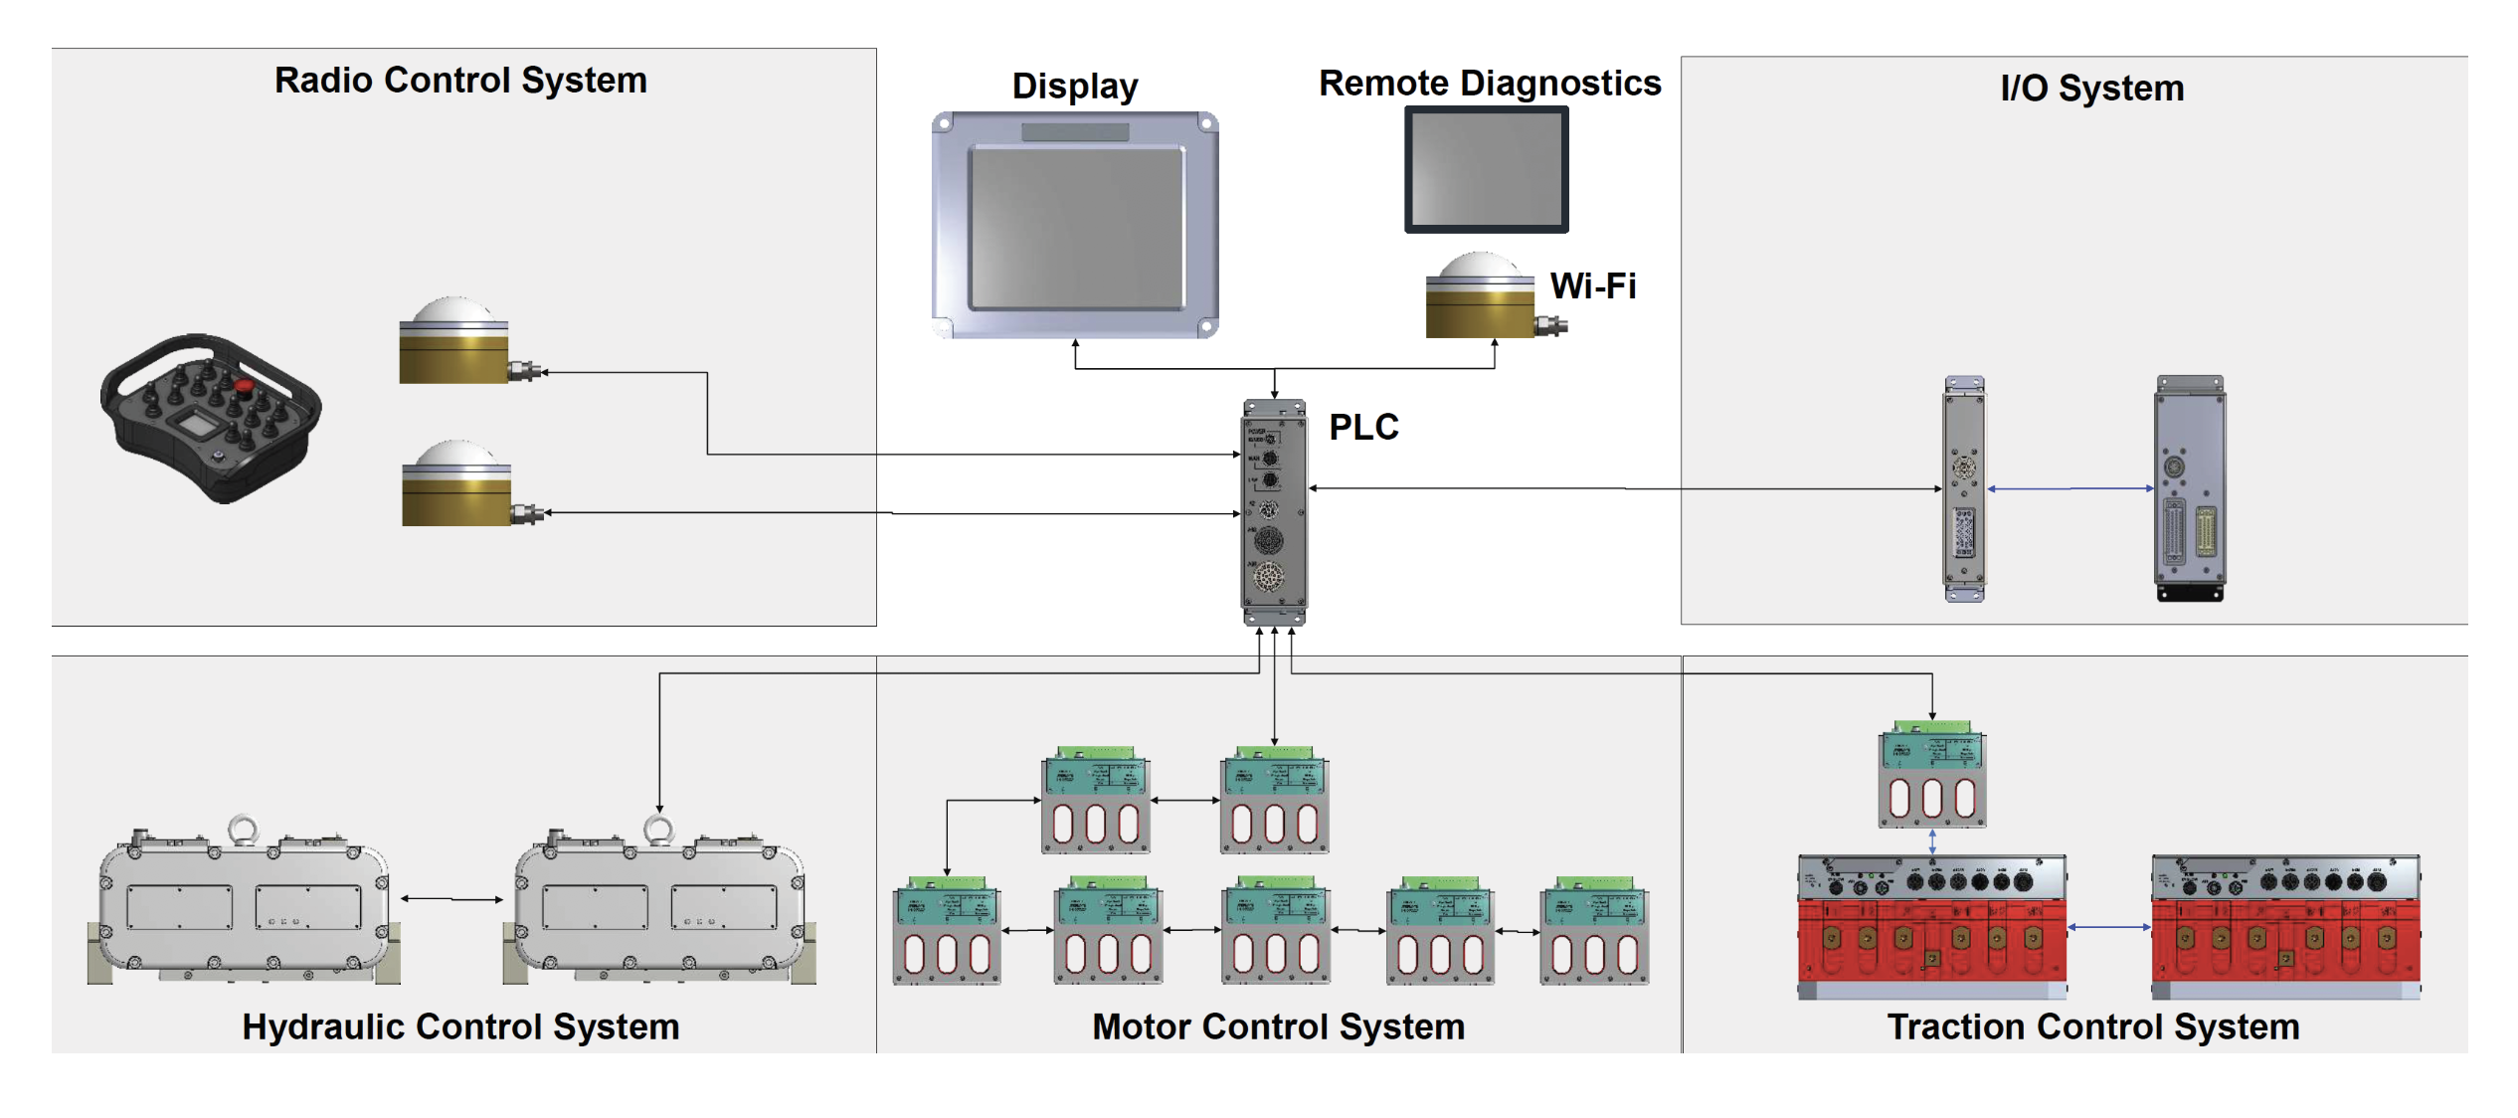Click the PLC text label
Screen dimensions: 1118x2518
click(1363, 427)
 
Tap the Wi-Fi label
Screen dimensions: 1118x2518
click(1592, 286)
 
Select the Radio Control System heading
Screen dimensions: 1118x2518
click(460, 81)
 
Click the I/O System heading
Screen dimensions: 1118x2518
click(2091, 89)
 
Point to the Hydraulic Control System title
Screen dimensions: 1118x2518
click(460, 1026)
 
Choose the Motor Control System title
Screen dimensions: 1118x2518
click(1278, 1026)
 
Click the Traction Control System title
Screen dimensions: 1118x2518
click(2092, 1026)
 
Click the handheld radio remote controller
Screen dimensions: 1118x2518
click(211, 418)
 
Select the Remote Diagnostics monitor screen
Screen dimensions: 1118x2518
click(1486, 169)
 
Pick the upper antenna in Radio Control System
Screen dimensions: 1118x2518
click(455, 341)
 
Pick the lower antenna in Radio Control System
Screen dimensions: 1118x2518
click(457, 484)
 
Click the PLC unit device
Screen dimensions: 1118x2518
click(1274, 511)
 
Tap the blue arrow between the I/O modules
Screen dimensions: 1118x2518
click(2069, 488)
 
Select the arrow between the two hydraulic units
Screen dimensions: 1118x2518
click(451, 899)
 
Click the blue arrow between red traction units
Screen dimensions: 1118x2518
click(2108, 927)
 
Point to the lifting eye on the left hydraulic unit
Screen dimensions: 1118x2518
click(243, 829)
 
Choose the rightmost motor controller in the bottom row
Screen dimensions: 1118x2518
click(1594, 931)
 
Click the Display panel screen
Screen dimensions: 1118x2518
click(1077, 227)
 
